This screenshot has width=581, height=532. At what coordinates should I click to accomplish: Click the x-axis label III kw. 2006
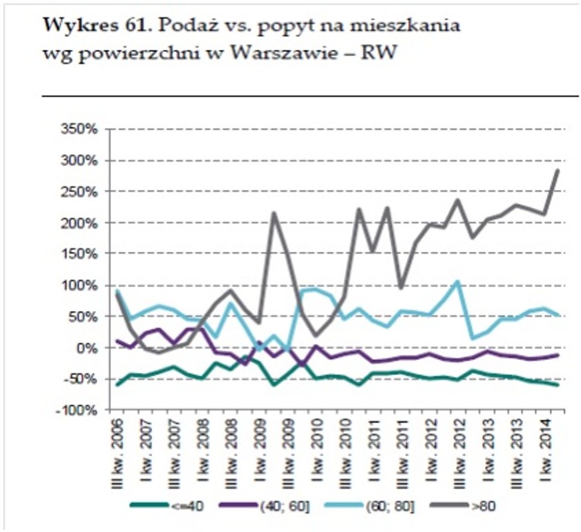click(117, 452)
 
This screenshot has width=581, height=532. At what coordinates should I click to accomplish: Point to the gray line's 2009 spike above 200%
click(274, 213)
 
